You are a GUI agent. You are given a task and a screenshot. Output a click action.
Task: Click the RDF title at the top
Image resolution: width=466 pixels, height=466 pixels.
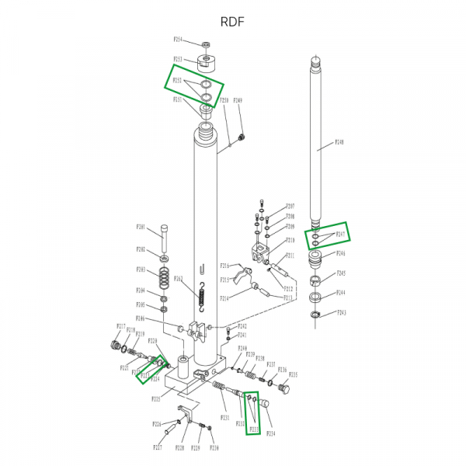pyautogui.click(x=232, y=21)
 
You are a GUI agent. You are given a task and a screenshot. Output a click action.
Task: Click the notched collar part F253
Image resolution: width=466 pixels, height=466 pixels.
pyautogui.click(x=207, y=61)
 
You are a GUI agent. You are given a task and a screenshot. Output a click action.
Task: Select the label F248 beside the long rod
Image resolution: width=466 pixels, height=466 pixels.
pyautogui.click(x=339, y=142)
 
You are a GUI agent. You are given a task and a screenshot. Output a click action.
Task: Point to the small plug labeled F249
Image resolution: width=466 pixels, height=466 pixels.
pyautogui.click(x=242, y=137)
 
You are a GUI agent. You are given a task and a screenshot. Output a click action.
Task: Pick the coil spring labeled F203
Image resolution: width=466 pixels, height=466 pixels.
pyautogui.click(x=165, y=276)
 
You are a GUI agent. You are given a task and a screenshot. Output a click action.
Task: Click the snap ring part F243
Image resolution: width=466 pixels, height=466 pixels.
pyautogui.click(x=315, y=315)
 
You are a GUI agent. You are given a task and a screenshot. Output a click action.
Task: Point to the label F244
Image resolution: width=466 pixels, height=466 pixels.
pyautogui.click(x=340, y=293)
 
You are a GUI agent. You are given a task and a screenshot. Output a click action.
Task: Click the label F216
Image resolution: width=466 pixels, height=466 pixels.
pyautogui.click(x=224, y=266)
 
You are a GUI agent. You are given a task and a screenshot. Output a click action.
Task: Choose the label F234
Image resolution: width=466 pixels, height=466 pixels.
pyautogui.click(x=271, y=433)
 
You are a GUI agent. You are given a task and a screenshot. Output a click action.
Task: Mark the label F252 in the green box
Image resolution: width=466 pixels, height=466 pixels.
pyautogui.click(x=177, y=80)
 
